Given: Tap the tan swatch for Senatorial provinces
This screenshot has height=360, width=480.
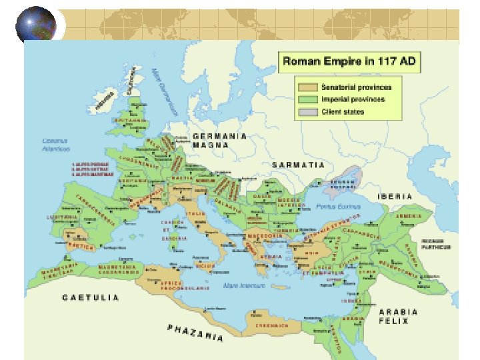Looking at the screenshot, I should (x=307, y=87).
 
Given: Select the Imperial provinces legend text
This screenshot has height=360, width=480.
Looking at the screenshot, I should (x=353, y=99).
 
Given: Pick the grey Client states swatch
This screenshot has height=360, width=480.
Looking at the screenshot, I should (x=307, y=112).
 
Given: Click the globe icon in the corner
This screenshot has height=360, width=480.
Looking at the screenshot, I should (x=36, y=27).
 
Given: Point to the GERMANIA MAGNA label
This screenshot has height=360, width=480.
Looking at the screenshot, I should (x=219, y=140).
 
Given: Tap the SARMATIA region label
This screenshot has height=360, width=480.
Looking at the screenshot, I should (x=298, y=164).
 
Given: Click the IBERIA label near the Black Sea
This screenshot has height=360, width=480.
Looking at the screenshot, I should (x=395, y=197).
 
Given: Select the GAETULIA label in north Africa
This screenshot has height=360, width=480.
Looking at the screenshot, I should (x=91, y=297).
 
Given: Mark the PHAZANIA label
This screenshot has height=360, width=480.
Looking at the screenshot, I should (x=195, y=332).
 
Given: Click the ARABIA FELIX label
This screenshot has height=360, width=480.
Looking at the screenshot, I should (x=399, y=316).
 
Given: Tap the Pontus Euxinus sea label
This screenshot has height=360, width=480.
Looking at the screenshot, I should (x=338, y=207).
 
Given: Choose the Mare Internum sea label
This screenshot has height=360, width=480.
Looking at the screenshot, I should (x=244, y=285).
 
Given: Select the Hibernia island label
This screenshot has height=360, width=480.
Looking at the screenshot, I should (x=103, y=100).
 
